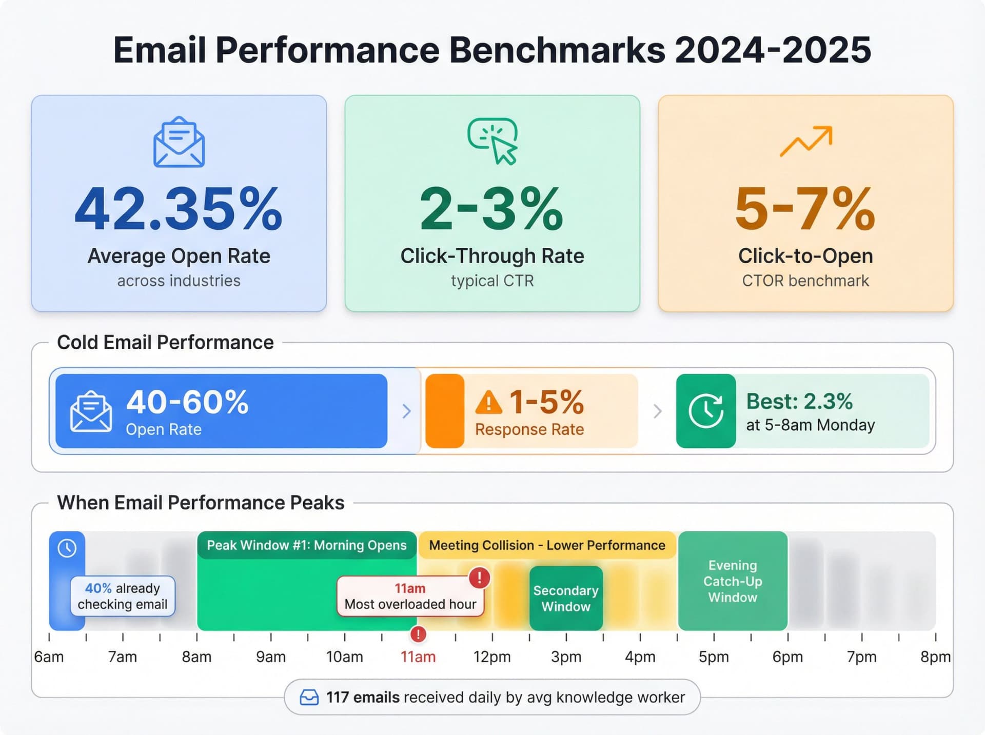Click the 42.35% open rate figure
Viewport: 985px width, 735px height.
pos(179,209)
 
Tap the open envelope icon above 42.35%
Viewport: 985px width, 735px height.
pos(179,142)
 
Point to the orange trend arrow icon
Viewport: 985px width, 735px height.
pos(806,141)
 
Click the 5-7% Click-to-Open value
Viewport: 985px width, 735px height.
pos(805,209)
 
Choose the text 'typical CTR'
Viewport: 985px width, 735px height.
pos(493,281)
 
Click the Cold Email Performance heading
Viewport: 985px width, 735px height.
pos(165,342)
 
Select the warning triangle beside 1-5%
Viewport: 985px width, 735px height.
pos(488,403)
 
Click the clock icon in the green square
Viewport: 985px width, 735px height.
pos(706,411)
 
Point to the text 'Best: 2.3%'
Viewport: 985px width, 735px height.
pos(799,401)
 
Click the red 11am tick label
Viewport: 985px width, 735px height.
pos(418,657)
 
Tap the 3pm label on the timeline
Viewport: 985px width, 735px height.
pos(566,657)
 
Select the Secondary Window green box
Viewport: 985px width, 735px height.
pos(566,598)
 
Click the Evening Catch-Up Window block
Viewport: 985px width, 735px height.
pos(733,581)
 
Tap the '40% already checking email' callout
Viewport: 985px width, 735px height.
pos(123,596)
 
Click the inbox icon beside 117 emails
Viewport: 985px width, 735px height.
pos(309,698)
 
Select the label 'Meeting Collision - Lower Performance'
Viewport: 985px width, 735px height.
pos(547,545)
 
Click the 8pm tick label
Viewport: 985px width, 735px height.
pos(935,657)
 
